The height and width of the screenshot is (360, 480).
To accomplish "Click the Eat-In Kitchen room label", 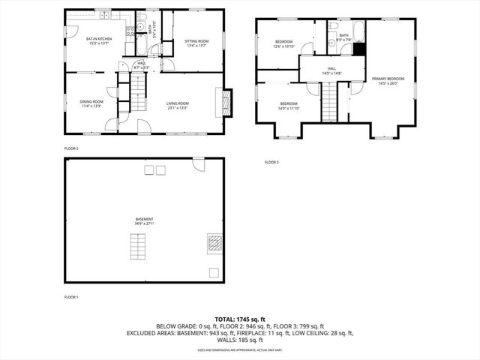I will [98, 39].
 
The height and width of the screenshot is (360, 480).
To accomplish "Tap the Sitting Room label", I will [196, 41].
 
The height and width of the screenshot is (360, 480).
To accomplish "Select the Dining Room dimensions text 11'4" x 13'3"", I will [91, 106].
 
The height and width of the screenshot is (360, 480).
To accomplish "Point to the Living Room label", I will [177, 103].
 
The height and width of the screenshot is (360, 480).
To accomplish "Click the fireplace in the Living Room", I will [224, 101].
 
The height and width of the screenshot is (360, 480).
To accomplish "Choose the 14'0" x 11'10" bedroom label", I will [289, 104].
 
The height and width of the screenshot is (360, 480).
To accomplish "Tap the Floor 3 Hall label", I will [331, 70].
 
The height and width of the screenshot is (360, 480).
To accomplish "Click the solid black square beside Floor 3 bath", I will [359, 49].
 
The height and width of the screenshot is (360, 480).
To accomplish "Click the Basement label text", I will [145, 219].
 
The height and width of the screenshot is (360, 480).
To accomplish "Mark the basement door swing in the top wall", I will [198, 163].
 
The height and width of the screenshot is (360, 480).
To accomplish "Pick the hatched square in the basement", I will [214, 242].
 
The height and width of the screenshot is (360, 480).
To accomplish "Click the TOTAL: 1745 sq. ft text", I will [240, 319].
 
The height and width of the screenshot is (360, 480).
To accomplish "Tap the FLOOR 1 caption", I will [71, 297].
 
